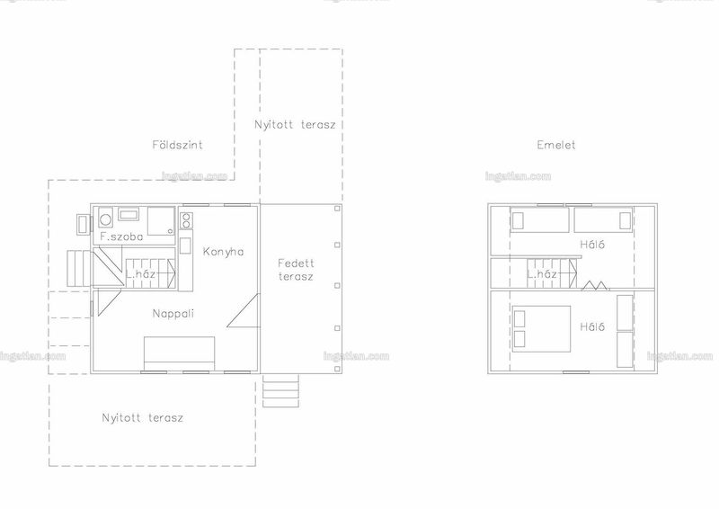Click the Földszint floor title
tap(177, 145)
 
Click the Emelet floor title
tap(556, 145)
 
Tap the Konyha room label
tap(223, 252)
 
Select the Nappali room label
tap(173, 314)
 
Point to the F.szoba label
tap(121, 237)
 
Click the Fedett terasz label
tap(296, 270)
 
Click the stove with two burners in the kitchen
tap(186, 220)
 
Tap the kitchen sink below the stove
tap(185, 246)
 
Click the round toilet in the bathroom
tap(105, 219)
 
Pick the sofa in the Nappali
tap(179, 353)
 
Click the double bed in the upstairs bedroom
tap(541, 328)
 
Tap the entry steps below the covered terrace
tap(280, 390)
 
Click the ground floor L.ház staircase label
tap(141, 274)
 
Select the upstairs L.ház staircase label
tap(542, 274)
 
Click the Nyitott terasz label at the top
tap(296, 124)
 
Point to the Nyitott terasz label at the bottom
tap(143, 418)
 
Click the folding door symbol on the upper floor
tap(596, 286)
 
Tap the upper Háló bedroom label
tap(592, 245)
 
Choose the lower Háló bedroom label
tap(592, 326)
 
